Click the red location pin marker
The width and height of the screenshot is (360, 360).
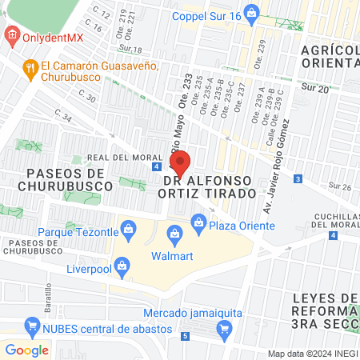pyautogui.click(x=180, y=163)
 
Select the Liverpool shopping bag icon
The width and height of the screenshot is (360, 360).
pyautogui.click(x=122, y=263)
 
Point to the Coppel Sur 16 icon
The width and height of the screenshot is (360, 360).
pyautogui.click(x=253, y=12)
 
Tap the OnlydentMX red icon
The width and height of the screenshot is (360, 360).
pyautogui.click(x=11, y=35)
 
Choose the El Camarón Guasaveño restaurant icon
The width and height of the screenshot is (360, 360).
pyautogui.click(x=31, y=67)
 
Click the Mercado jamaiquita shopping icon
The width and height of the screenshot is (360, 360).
pyautogui.click(x=225, y=327)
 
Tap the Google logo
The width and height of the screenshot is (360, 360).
pyautogui.click(x=26, y=350)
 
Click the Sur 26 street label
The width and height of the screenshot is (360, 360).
pyautogui.click(x=342, y=187)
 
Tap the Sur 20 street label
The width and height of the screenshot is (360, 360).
pyautogui.click(x=318, y=89)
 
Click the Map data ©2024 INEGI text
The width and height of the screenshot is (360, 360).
pyautogui.click(x=312, y=354)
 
